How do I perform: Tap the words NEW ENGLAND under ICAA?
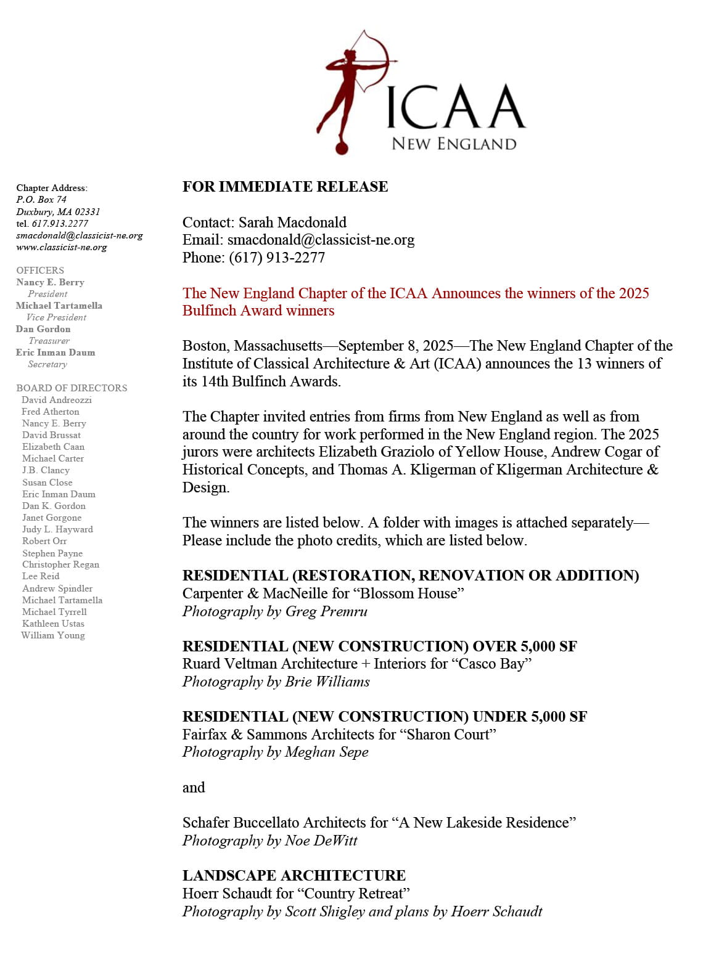(x=454, y=144)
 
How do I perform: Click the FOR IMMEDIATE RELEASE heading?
(x=285, y=187)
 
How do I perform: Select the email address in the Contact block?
(x=321, y=240)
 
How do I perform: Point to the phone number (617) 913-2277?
(x=277, y=258)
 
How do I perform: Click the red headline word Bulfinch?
(x=210, y=311)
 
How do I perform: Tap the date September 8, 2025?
(x=395, y=346)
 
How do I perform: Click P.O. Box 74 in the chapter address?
(x=41, y=200)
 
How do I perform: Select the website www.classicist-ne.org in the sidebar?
(x=62, y=247)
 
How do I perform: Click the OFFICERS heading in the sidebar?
(x=40, y=271)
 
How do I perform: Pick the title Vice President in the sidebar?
(x=56, y=317)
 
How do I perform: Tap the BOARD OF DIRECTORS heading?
(x=72, y=388)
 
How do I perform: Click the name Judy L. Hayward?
(x=57, y=529)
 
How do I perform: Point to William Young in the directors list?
(x=53, y=635)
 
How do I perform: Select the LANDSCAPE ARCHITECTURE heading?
(x=294, y=876)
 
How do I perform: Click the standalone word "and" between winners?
(x=194, y=788)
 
